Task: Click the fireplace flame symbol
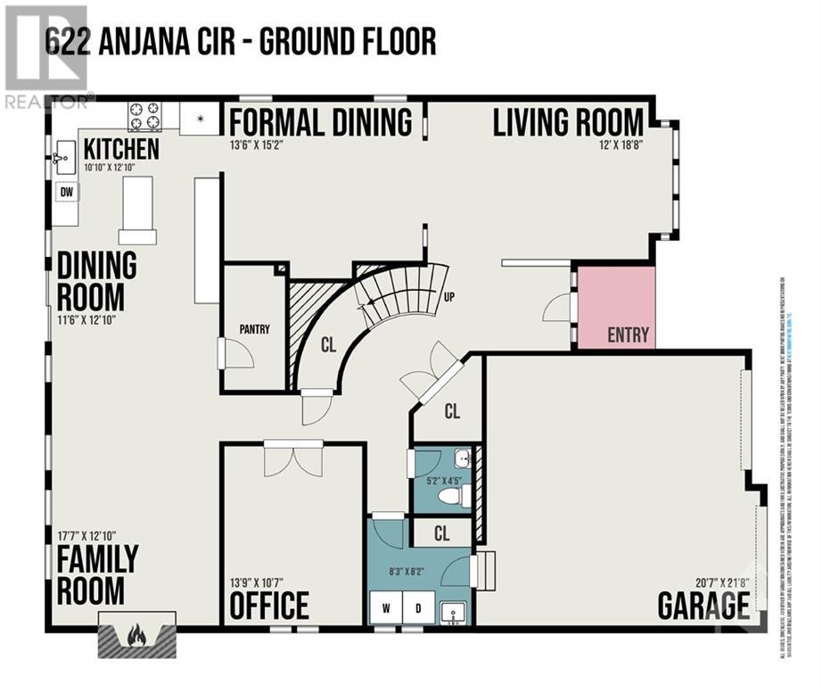[x=136, y=635]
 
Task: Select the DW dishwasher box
[x=65, y=191]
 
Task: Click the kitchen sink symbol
[x=63, y=159]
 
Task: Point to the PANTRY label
[x=254, y=329]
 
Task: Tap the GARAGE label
[x=703, y=606]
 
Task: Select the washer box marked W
[x=388, y=609]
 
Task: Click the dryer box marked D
[x=418, y=609]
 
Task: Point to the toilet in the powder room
[x=455, y=496]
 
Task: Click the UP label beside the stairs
[x=448, y=297]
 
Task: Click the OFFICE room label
[x=269, y=606]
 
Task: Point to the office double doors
[x=293, y=458]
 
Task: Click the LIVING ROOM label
[x=569, y=122]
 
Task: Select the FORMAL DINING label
[x=321, y=121]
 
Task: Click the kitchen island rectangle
[x=138, y=210]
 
